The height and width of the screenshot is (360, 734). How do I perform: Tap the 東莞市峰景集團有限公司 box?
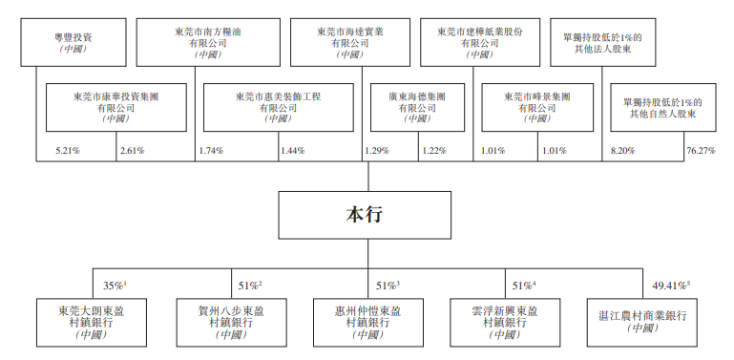(539, 106)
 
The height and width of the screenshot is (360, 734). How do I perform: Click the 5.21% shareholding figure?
(69, 151)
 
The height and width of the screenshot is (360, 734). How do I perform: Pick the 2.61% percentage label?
(132, 151)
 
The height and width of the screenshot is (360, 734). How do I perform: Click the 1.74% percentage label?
(212, 151)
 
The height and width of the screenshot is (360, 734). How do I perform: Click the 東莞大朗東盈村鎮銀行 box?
(90, 321)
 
